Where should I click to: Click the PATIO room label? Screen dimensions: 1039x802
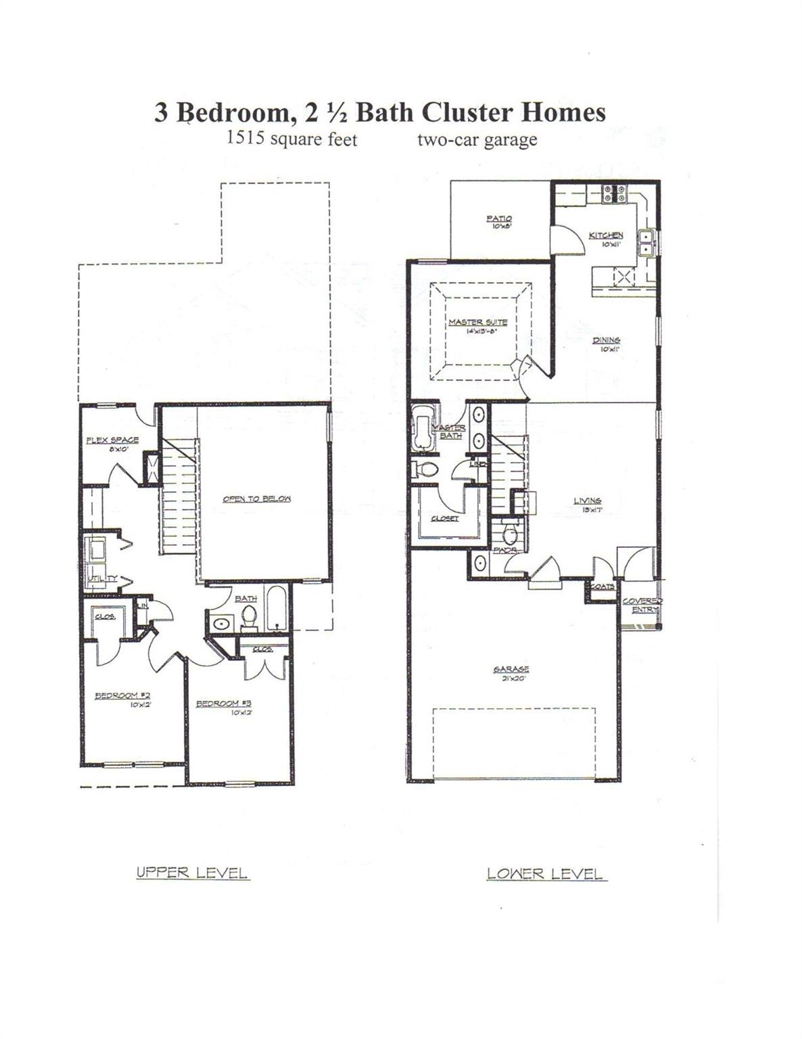pyautogui.click(x=499, y=218)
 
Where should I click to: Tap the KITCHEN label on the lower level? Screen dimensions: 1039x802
pyautogui.click(x=606, y=235)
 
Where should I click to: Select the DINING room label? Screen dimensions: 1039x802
pyautogui.click(x=607, y=340)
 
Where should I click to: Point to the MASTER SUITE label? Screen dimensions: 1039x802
pyautogui.click(x=477, y=322)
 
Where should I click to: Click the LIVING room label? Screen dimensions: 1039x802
pyautogui.click(x=588, y=501)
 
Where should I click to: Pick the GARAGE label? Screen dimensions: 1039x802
pyautogui.click(x=511, y=670)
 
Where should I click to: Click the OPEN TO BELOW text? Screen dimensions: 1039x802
pyautogui.click(x=257, y=499)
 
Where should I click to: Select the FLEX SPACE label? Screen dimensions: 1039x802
pyautogui.click(x=112, y=440)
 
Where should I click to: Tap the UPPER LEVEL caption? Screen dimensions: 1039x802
pyautogui.click(x=193, y=873)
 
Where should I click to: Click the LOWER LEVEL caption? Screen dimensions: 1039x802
pyautogui.click(x=545, y=874)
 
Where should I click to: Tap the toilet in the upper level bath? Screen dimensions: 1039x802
pyautogui.click(x=250, y=617)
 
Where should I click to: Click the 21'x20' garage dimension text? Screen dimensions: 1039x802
pyautogui.click(x=511, y=679)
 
